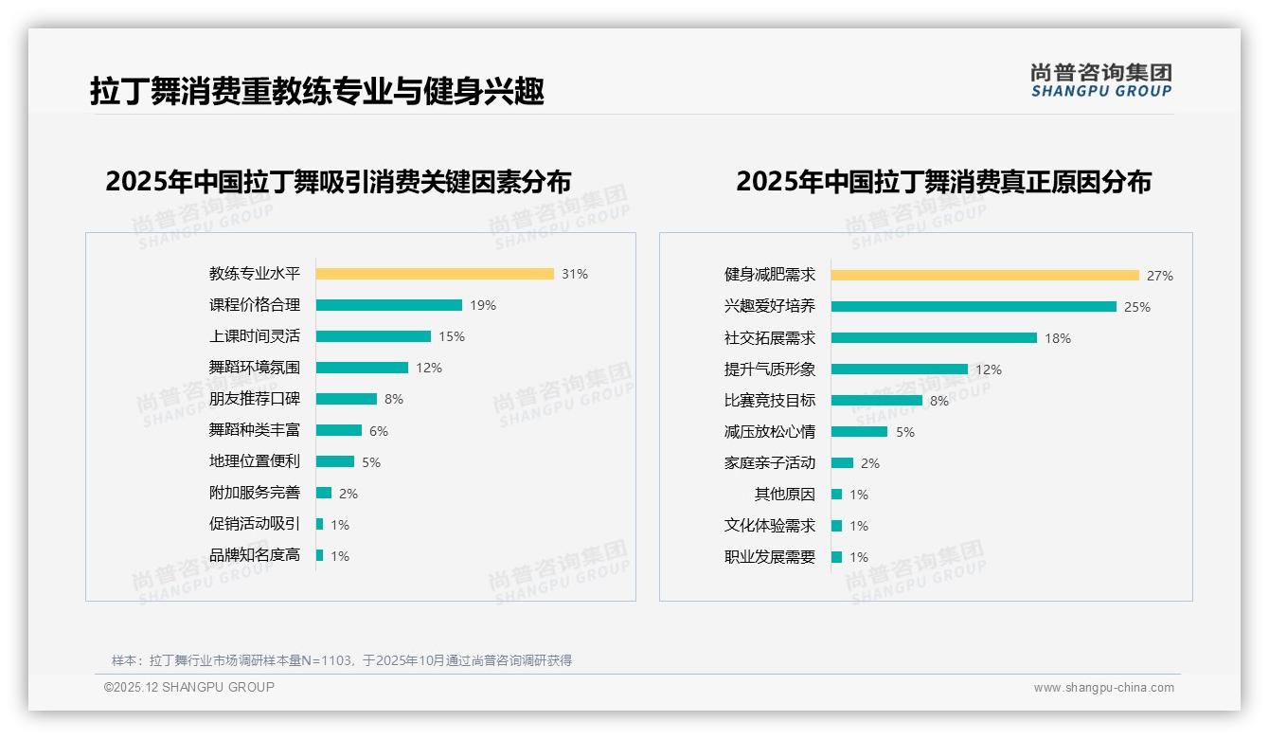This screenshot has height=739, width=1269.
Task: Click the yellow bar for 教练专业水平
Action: tap(435, 274)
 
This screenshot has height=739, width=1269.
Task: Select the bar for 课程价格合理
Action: tap(388, 305)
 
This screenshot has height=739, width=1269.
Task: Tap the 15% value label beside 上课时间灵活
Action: tap(452, 336)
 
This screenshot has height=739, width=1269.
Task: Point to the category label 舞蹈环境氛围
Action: tap(254, 368)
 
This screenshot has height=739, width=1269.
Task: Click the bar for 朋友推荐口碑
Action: tap(346, 399)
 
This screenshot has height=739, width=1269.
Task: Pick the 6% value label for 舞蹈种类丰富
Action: tap(379, 431)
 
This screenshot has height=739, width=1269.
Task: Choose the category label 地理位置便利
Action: tap(254, 461)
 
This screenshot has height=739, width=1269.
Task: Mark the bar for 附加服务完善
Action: tap(324, 493)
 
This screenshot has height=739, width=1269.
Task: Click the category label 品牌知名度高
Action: tap(254, 555)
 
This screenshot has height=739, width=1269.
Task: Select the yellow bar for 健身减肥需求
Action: tap(985, 276)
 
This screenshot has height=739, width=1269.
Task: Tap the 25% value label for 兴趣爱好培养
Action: tap(1137, 307)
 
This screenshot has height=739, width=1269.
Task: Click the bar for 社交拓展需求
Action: tap(934, 338)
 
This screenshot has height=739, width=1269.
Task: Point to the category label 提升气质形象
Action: tap(769, 369)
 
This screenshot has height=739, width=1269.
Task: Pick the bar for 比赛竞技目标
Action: tap(876, 401)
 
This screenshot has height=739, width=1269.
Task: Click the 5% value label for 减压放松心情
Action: tap(905, 432)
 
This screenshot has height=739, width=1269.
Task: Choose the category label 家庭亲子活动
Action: tap(769, 463)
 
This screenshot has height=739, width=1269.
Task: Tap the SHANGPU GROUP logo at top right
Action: tap(1101, 81)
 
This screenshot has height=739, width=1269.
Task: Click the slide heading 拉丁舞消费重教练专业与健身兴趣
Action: tap(317, 92)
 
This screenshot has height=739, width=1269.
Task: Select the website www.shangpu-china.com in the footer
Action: tap(1103, 688)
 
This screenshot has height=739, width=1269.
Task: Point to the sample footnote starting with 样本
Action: tap(342, 660)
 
